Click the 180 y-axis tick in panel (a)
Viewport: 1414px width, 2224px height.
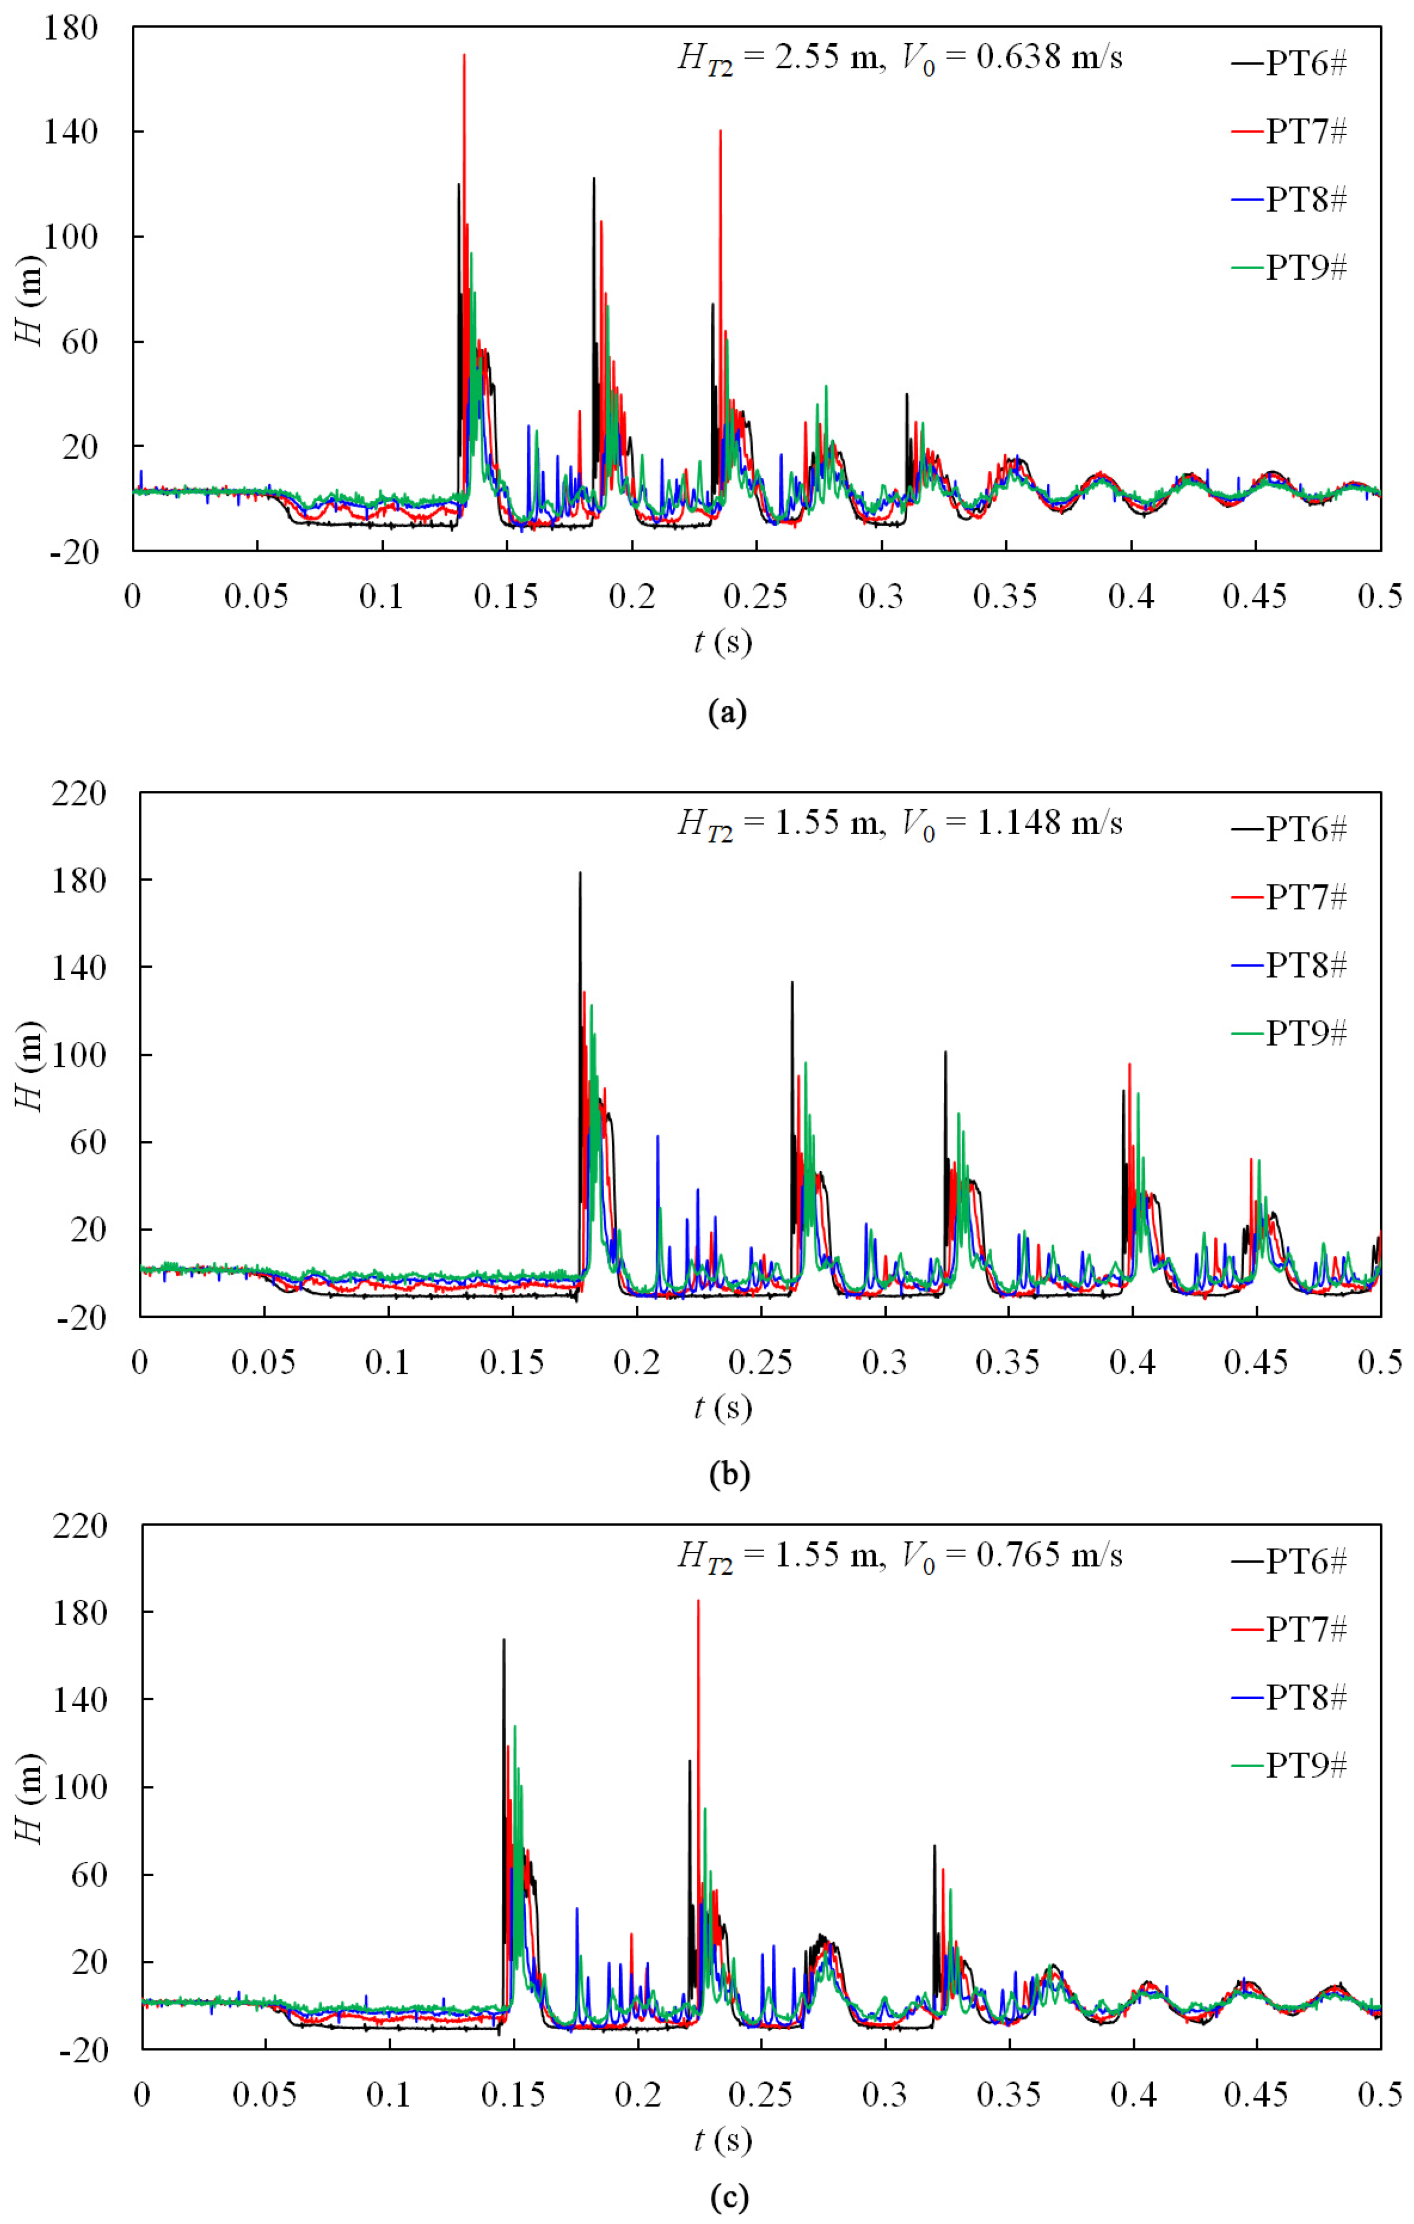coord(70,28)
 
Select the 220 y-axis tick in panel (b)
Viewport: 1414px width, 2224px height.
coord(79,793)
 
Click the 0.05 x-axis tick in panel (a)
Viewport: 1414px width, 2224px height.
coord(256,597)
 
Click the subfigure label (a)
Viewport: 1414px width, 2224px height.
coord(726,712)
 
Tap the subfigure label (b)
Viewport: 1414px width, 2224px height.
coord(729,1475)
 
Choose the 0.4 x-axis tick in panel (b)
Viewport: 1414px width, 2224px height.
coord(1132,1362)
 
